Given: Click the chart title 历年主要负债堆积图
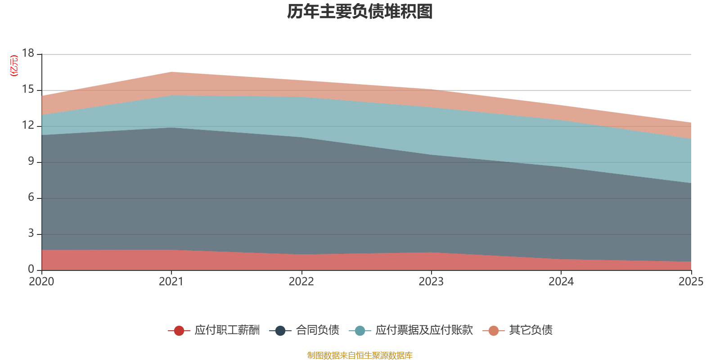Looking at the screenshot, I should point(360,12).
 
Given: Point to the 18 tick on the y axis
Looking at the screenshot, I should point(28,53).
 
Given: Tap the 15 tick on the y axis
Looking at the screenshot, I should point(28,90).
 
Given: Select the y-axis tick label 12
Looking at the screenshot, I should point(28,125).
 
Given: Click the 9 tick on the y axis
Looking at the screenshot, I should point(31,161).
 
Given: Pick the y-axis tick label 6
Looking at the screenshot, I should point(31,197).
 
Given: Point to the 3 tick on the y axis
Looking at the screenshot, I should point(31,233).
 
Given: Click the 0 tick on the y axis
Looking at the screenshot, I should point(31,269).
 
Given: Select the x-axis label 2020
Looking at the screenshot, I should point(41,282).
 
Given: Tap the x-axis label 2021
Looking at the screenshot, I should point(171,282).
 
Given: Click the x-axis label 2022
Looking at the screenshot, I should point(301,282).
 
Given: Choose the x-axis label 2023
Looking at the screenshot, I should point(431,282).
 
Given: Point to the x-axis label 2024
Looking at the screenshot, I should point(561,282).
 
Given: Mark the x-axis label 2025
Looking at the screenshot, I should point(691,282).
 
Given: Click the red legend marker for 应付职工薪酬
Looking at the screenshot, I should point(179,331).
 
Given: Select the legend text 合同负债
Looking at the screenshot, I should point(317,330).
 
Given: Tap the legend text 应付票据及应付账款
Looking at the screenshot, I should point(424,330).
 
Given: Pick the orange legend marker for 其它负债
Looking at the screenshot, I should point(494,331).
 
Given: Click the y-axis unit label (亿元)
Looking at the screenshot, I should point(14,66).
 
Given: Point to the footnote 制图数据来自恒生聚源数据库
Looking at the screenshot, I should point(360,355).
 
